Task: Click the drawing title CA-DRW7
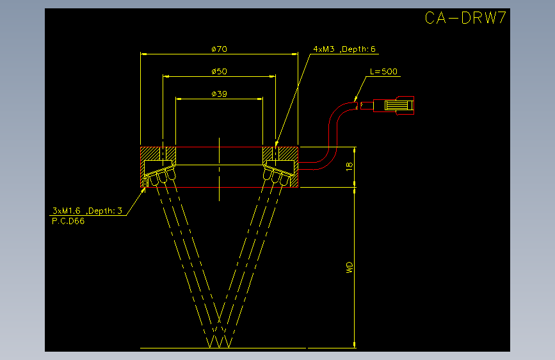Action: [x=465, y=18]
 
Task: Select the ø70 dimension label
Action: [x=219, y=49]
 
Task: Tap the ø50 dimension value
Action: [x=219, y=71]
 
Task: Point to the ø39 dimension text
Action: [x=219, y=94]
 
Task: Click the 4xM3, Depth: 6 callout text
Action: [x=344, y=49]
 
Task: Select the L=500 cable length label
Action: [x=383, y=71]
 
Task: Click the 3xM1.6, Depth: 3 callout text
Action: [x=87, y=211]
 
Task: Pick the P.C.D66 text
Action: [x=68, y=221]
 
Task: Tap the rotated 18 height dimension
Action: [x=350, y=167]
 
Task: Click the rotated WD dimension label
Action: [x=350, y=267]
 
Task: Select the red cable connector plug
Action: [x=394, y=105]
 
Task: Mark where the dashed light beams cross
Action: [x=219, y=320]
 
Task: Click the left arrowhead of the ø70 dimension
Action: [x=143, y=54]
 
